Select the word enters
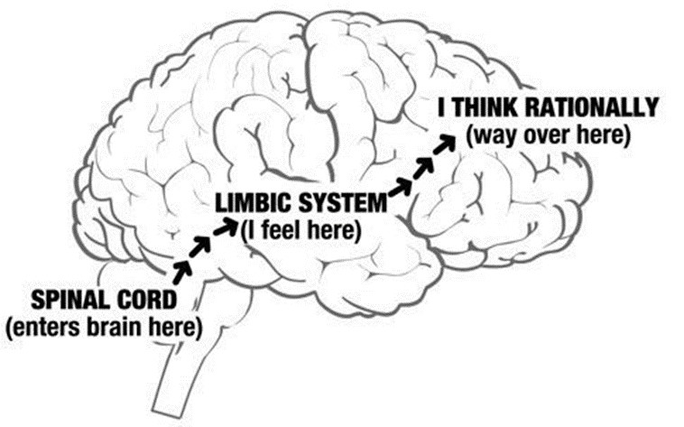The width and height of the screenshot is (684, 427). click(x=43, y=326)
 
